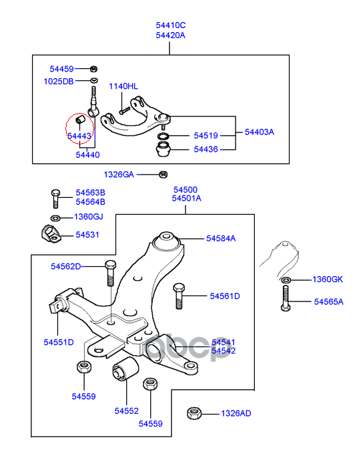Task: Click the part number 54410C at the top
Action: (x=170, y=25)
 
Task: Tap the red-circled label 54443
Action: (x=79, y=136)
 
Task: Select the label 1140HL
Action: (x=123, y=86)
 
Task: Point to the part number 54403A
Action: (x=260, y=132)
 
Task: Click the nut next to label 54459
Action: (x=93, y=69)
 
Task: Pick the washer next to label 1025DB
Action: (x=94, y=80)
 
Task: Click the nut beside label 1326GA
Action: (x=163, y=174)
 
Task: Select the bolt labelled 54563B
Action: (x=55, y=198)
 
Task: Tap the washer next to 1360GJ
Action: (x=55, y=217)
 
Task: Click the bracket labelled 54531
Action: (x=51, y=234)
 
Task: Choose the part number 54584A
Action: (x=221, y=238)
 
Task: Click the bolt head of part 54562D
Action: (x=110, y=265)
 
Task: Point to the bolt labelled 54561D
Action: (x=179, y=296)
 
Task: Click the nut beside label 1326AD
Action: (x=194, y=413)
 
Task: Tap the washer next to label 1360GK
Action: (x=286, y=280)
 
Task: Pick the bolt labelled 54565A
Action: (x=286, y=298)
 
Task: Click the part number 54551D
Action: (x=59, y=342)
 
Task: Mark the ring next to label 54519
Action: (x=163, y=136)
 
